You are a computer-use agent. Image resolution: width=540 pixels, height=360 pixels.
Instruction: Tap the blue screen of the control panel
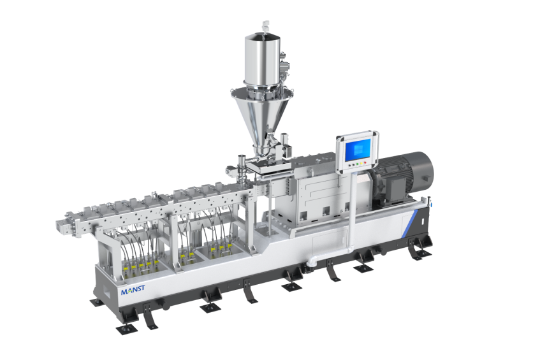pyautogui.click(x=358, y=150)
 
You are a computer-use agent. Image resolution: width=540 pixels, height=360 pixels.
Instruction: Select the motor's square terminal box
pyautogui.click(x=397, y=188)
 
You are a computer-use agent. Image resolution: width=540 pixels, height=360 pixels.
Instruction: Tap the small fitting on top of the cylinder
pyautogui.click(x=265, y=25)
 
